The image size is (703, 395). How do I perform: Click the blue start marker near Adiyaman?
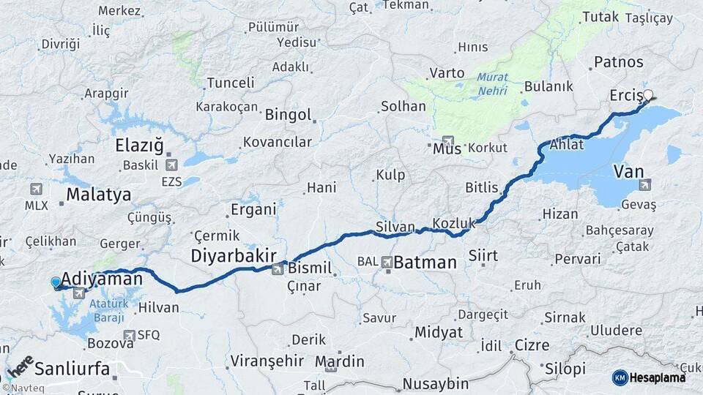tap(56, 282)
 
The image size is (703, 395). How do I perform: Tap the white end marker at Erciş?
tap(647, 94)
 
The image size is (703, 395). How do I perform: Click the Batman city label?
tap(425, 263)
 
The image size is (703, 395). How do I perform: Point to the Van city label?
tap(628, 171)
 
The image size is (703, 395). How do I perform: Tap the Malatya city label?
tap(98, 195)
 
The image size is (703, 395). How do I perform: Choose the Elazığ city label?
tap(139, 146)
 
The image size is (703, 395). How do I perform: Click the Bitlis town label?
tap(481, 187)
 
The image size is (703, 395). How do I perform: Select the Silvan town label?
tap(395, 227)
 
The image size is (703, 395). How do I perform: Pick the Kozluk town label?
tap(454, 222)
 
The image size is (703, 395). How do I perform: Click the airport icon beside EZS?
tap(171, 165)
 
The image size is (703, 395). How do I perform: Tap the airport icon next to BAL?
tap(386, 261)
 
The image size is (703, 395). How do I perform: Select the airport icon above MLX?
tap(36, 189)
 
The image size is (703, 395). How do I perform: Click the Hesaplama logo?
tap(649, 377)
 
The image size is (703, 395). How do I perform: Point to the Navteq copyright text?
tap(21, 388)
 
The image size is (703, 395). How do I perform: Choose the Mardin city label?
tap(339, 361)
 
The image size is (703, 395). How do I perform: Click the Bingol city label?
tap(288, 115)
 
